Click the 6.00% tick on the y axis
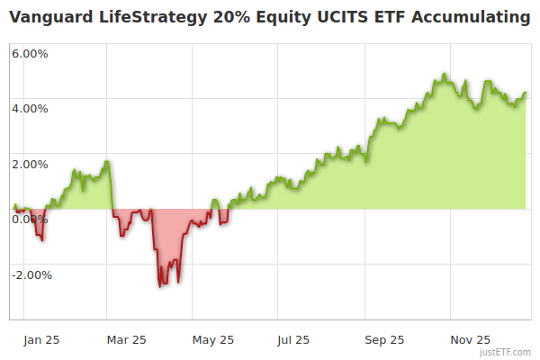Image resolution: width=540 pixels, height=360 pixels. [x=30, y=53]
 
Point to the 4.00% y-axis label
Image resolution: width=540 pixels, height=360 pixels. [x=30, y=109]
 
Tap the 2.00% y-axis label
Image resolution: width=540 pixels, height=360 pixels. [x=30, y=164]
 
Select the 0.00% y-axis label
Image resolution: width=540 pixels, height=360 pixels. [x=30, y=220]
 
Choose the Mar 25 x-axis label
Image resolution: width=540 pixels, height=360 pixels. [x=126, y=340]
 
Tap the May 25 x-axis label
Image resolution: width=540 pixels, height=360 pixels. [x=213, y=340]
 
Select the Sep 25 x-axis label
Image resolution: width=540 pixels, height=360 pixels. [x=384, y=340]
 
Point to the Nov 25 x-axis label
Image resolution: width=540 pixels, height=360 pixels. [x=470, y=340]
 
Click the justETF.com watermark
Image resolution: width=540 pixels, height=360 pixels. [x=506, y=352]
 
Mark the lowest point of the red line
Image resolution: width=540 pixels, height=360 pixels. [x=160, y=286]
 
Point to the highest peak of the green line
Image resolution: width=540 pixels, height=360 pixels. [x=445, y=75]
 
